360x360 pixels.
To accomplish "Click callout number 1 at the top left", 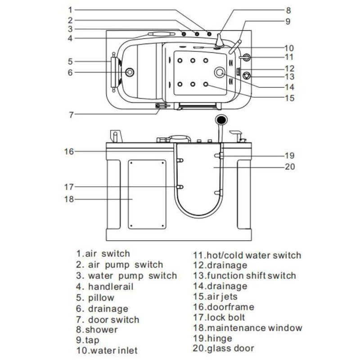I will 70,9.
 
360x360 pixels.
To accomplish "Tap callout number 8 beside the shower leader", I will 288,9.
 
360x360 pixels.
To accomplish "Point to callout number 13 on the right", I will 289,76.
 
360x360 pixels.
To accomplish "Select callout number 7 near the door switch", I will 71,114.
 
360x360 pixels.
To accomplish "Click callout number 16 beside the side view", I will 68,151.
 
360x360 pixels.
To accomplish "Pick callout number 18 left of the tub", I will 68,199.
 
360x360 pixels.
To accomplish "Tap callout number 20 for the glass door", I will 289,166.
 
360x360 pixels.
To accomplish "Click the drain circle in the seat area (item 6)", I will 130,72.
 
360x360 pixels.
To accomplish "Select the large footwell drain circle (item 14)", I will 220,72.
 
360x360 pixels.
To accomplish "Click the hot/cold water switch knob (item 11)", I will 246,57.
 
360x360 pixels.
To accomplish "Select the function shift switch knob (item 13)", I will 246,75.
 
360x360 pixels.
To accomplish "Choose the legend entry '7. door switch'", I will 108,320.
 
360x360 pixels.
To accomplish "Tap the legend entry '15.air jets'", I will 215,297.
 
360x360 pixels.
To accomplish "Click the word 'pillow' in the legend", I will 102,298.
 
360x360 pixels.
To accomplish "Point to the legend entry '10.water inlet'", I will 107,350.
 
